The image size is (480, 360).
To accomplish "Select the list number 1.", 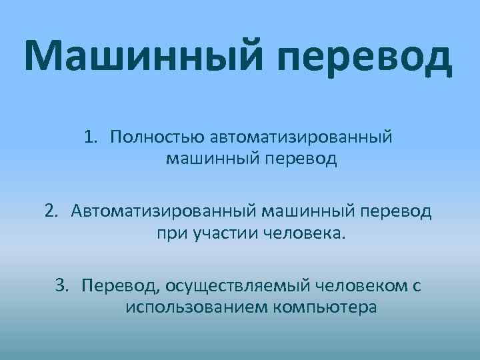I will (x=91, y=137).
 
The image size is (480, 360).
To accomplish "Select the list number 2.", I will (x=51, y=211).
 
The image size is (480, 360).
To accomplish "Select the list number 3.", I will (x=62, y=286).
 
